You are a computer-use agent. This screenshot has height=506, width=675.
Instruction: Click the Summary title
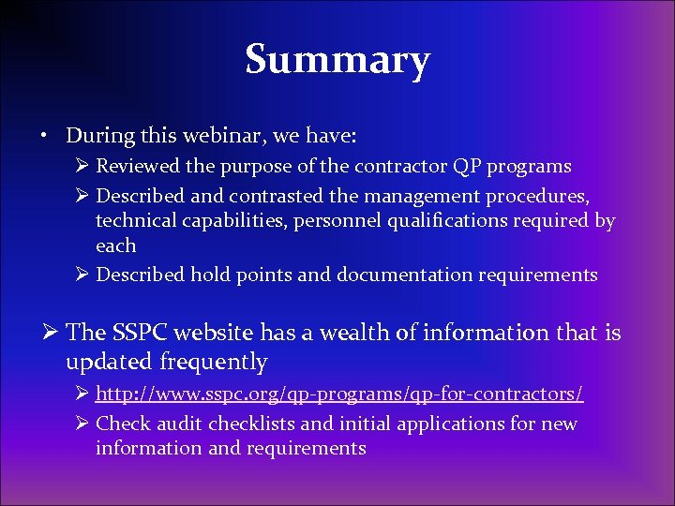(x=337, y=61)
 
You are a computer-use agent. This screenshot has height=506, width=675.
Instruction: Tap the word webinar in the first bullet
(x=203, y=135)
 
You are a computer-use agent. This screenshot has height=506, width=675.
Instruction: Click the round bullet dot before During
(x=44, y=136)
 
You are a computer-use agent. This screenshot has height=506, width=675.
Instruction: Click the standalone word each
(x=115, y=246)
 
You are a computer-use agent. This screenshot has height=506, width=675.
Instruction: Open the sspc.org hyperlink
(x=339, y=394)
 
